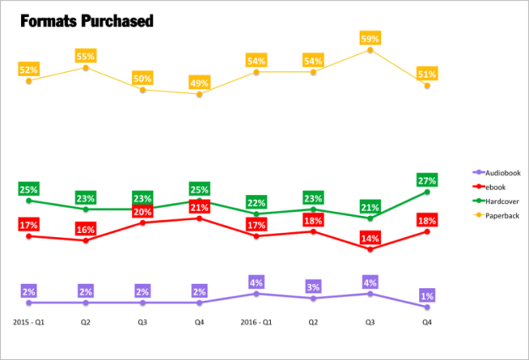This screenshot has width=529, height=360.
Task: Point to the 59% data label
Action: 370,38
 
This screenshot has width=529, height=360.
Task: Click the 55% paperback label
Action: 85,56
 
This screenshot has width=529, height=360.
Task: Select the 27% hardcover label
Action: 427,180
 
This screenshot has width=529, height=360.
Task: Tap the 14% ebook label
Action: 370,238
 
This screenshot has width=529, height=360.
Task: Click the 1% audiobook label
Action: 427,296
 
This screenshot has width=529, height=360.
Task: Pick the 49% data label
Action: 200,82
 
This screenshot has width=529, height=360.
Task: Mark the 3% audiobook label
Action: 313,286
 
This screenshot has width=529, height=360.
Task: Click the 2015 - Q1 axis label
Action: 29,323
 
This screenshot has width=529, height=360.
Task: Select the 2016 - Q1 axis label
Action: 256,323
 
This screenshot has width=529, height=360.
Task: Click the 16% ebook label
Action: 85,230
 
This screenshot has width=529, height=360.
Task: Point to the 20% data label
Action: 142,212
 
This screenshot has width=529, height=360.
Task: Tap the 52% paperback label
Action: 29,69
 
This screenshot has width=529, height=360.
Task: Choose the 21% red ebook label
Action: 200,208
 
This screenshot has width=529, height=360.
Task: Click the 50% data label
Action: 142,79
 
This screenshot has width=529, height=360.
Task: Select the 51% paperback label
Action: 427,75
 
